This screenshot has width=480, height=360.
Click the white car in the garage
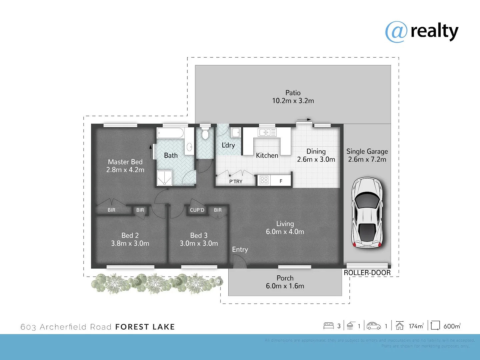[x=367, y=213]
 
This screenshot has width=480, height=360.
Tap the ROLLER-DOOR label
[x=367, y=273]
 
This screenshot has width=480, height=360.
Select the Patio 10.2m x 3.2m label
[x=293, y=97]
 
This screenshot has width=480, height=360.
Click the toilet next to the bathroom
[x=205, y=134]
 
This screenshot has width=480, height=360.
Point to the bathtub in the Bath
[x=170, y=133]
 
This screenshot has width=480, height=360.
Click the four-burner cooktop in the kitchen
[x=264, y=180]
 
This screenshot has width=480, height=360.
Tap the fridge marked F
[x=281, y=181]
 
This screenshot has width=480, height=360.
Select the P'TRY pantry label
[x=236, y=182]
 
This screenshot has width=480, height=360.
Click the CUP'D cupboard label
[x=197, y=210]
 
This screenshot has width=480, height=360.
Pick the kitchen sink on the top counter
[x=267, y=133]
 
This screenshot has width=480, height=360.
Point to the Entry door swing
[x=239, y=262]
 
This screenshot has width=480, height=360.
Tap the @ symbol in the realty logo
[x=396, y=32]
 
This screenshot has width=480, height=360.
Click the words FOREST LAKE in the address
[x=145, y=327]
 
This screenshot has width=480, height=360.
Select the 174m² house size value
[x=416, y=326]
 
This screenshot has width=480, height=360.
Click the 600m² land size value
[x=452, y=326]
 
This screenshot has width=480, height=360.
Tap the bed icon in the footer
[x=329, y=326]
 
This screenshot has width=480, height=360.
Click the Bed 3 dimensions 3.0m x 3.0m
[x=199, y=244]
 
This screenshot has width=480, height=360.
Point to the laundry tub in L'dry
[x=236, y=132]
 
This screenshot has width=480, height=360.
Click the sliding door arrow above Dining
[x=304, y=119]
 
